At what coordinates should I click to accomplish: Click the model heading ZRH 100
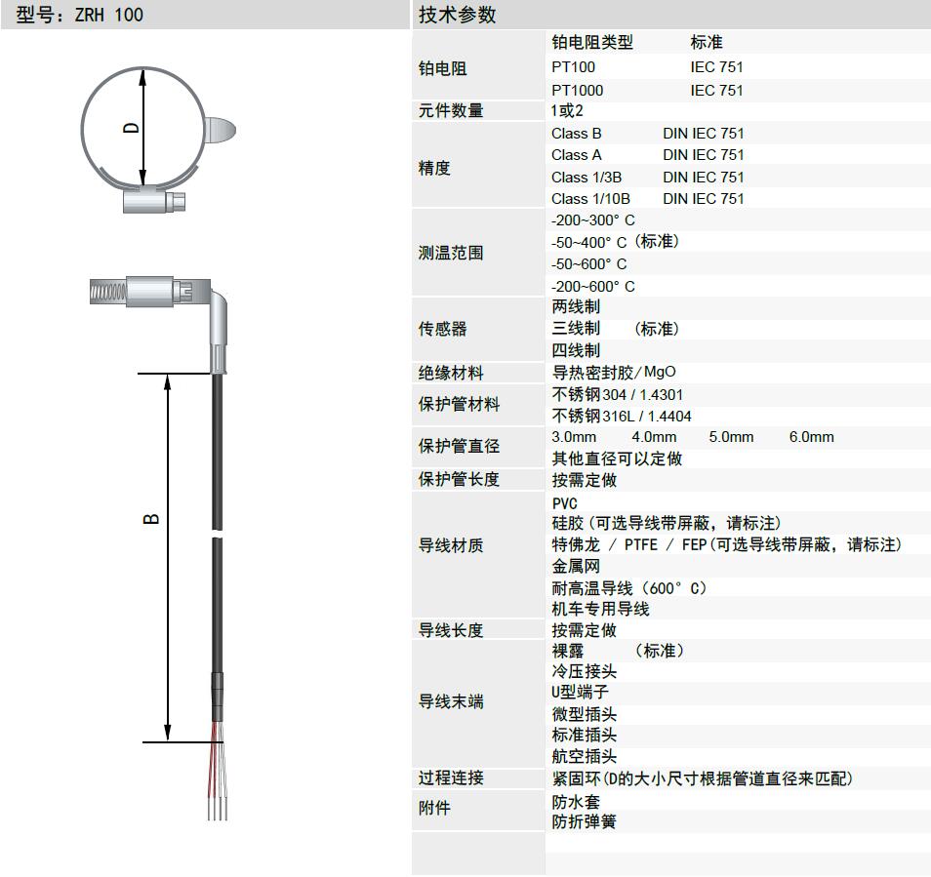(108, 15)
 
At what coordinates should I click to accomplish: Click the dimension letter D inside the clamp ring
(131, 128)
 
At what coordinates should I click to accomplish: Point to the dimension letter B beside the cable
(151, 519)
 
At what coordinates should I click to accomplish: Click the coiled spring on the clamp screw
(108, 292)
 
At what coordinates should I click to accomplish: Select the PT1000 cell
(577, 90)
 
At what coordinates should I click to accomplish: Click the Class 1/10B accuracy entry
(590, 199)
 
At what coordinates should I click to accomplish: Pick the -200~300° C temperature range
(593, 220)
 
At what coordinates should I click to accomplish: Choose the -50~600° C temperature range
(589, 264)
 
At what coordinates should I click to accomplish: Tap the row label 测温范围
(451, 253)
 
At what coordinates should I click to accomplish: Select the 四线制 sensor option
(576, 350)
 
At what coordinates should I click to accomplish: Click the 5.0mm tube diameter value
(731, 437)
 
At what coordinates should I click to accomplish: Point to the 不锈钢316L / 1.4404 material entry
(622, 416)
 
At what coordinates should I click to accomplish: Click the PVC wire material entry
(565, 503)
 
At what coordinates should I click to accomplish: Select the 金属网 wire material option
(576, 566)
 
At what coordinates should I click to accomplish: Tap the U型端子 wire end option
(580, 692)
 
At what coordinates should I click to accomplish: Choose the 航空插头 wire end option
(585, 756)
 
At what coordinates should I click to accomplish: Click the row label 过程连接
(451, 777)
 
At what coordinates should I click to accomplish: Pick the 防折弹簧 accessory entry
(585, 821)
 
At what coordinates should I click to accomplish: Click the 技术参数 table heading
(457, 15)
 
